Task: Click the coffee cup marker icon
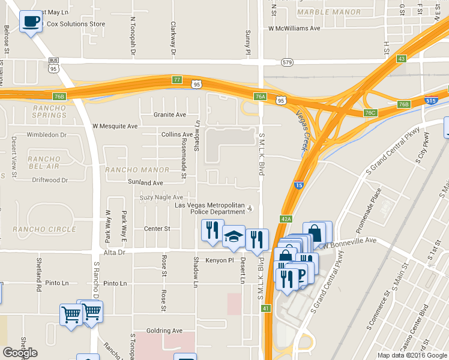(x=31, y=22)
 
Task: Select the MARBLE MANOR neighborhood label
(x=329, y=12)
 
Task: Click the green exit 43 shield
(x=401, y=58)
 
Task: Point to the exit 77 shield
(x=176, y=79)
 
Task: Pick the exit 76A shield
(x=259, y=96)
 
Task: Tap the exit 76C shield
(x=370, y=113)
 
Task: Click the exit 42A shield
(x=286, y=219)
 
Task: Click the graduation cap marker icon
(x=234, y=236)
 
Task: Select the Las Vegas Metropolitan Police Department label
(x=209, y=208)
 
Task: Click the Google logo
(x=20, y=353)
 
